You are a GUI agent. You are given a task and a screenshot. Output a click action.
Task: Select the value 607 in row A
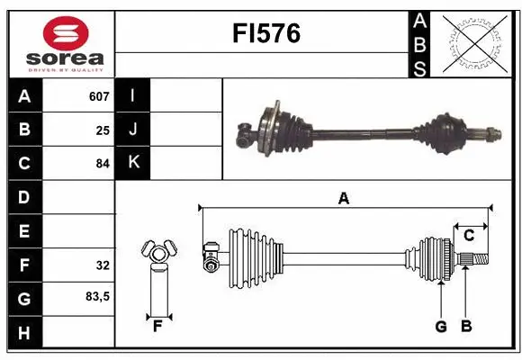(x=99, y=96)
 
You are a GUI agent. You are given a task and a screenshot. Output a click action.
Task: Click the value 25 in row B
(x=103, y=130)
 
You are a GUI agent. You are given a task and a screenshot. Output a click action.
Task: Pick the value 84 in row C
(x=103, y=164)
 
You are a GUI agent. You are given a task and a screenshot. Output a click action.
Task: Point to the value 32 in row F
(x=103, y=265)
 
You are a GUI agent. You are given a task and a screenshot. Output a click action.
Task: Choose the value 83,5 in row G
(x=98, y=296)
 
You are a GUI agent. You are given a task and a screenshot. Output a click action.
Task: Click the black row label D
(x=23, y=197)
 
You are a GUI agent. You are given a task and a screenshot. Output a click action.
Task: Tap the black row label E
(x=23, y=231)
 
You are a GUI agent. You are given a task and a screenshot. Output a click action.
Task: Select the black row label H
(x=23, y=332)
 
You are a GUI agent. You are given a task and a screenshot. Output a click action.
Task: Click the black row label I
(x=133, y=96)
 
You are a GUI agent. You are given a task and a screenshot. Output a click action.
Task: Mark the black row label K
(x=133, y=164)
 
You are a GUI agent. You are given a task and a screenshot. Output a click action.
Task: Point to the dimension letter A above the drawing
(x=343, y=199)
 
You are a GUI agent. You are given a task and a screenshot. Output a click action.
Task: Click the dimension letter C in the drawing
(x=469, y=236)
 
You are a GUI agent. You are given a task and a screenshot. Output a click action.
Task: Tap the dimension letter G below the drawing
(x=441, y=327)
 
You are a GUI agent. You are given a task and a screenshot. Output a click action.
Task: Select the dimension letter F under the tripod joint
(x=157, y=327)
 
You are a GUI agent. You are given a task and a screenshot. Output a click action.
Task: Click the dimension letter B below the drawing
(x=465, y=327)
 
